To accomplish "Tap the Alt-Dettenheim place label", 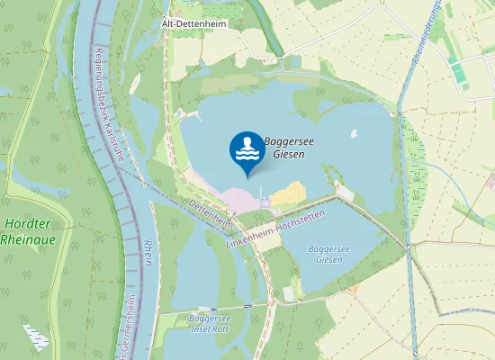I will [x=193, y=24].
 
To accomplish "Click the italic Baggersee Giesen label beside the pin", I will [x=284, y=148].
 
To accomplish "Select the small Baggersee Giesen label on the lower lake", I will [x=325, y=254].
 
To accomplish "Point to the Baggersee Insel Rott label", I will [x=210, y=324].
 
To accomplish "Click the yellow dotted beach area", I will [x=288, y=193].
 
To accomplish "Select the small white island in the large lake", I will [x=353, y=135].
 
